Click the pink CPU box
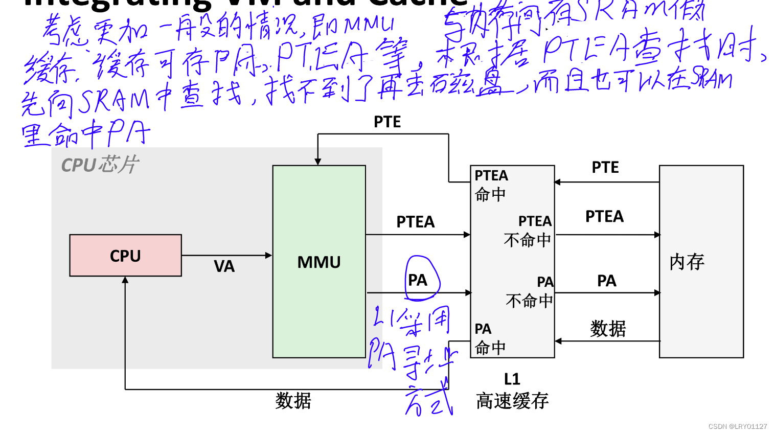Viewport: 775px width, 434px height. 125,256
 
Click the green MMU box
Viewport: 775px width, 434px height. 319,262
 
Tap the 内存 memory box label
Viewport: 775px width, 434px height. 687,262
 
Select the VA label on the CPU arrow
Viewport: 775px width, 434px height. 224,266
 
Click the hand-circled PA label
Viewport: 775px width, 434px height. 418,280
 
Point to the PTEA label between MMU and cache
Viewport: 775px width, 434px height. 415,222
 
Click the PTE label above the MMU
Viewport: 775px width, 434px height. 387,122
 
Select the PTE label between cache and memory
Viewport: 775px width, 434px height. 605,167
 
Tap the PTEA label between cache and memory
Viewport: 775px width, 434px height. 604,216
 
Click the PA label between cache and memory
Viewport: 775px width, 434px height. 606,281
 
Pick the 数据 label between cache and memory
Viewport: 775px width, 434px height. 607,328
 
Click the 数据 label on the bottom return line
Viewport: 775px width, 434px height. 293,400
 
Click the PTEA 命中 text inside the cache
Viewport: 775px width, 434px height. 491,185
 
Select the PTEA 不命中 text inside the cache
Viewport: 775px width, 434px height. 528,231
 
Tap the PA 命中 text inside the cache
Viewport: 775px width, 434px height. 489,338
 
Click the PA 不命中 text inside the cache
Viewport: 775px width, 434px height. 530,291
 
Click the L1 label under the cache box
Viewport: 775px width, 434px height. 512,379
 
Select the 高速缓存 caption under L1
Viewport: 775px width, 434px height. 512,401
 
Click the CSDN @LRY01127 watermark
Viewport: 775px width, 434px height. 737,426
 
